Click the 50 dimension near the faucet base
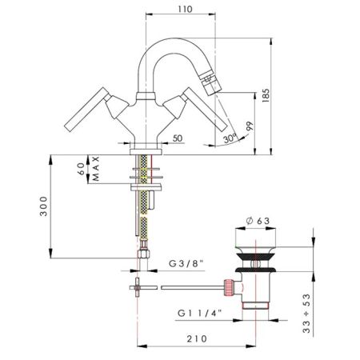pos(177,138)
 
